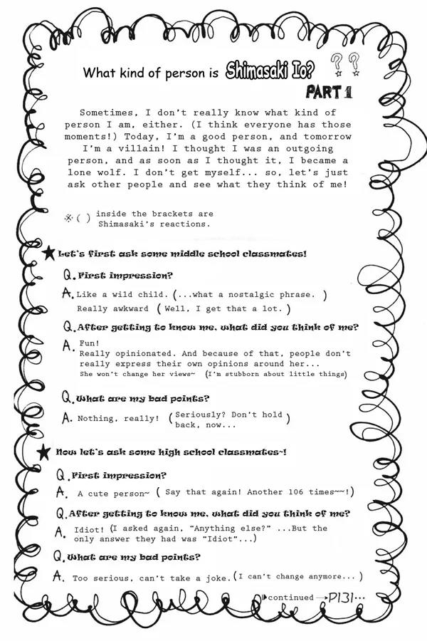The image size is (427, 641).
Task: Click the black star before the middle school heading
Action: click(x=48, y=253)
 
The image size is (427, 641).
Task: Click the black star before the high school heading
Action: click(x=45, y=452)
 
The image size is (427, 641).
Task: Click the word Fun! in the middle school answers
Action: click(x=89, y=343)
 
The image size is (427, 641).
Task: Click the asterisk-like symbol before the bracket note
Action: click(x=69, y=218)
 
